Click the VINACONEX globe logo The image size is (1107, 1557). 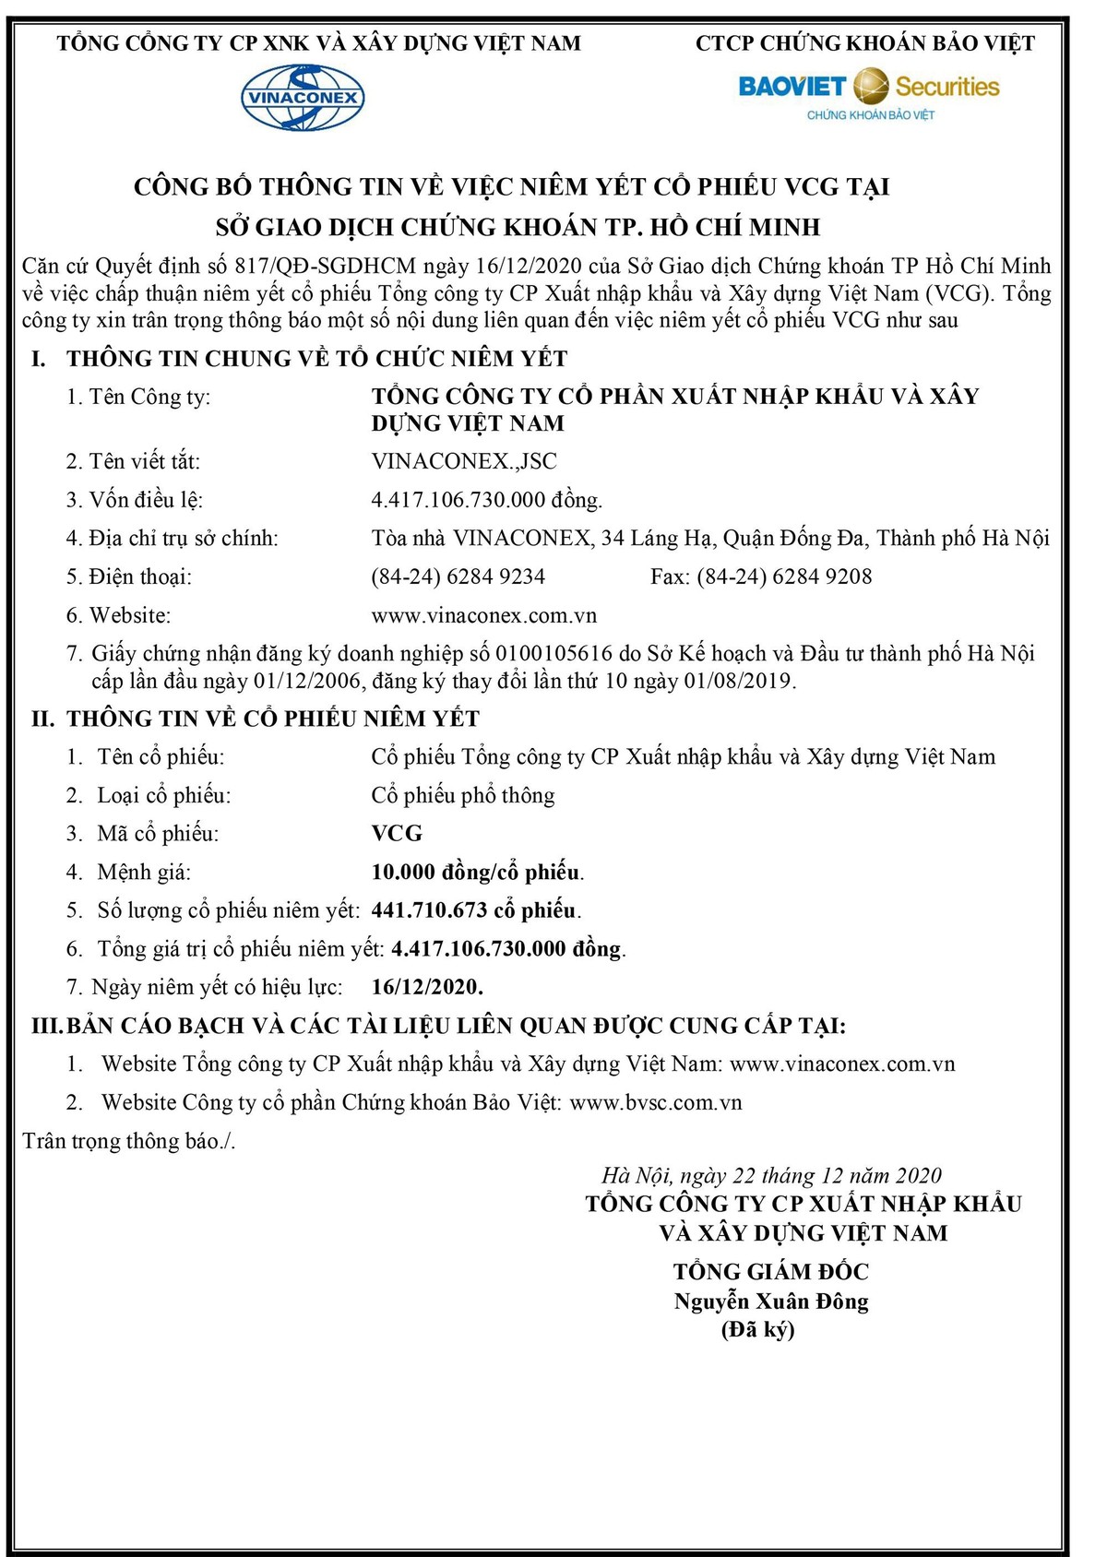[303, 98]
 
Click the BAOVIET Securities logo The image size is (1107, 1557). [868, 93]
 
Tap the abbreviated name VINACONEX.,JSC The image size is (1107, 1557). [464, 461]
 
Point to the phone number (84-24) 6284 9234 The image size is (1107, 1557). [458, 577]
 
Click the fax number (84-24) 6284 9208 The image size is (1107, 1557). [784, 577]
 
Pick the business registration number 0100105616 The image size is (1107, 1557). [553, 654]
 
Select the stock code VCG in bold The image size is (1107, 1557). [397, 834]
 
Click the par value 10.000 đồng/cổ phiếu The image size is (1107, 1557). [477, 873]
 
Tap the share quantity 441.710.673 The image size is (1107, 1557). [429, 910]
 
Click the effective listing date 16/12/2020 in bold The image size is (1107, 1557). [427, 987]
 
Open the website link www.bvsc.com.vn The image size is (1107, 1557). [656, 1103]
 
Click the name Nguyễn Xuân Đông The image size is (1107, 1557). [771, 1302]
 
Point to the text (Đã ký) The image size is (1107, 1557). [757, 1330]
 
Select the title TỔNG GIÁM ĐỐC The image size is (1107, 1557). [771, 1272]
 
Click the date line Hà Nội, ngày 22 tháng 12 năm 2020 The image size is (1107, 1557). [771, 1176]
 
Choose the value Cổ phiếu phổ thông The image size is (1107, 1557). [463, 796]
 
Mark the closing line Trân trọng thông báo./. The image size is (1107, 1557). [129, 1142]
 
